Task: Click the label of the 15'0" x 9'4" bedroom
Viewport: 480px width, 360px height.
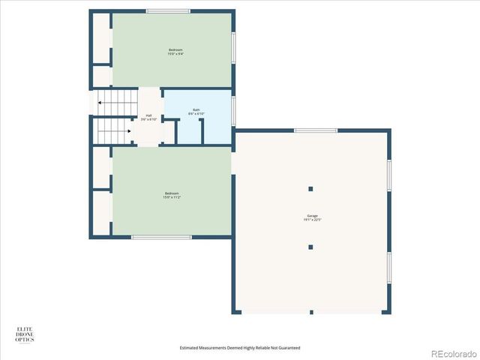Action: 175,52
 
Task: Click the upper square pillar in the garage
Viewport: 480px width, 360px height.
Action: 310,188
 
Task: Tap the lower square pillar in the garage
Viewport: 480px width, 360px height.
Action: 310,247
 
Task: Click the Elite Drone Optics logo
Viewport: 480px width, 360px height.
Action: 25,334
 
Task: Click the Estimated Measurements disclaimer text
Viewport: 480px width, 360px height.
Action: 239,348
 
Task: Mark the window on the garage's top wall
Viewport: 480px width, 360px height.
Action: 315,130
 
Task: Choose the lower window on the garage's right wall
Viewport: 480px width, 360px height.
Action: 389,268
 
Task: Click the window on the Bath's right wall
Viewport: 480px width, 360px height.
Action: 233,110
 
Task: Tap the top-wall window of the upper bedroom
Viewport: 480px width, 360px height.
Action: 168,10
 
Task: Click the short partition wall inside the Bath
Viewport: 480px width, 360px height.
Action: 201,130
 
